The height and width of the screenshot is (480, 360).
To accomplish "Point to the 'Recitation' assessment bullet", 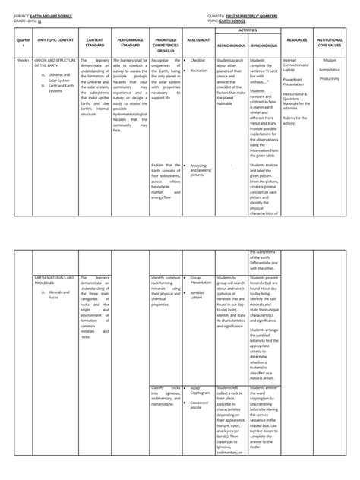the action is (x=200, y=70).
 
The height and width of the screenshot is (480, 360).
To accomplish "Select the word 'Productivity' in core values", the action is (x=330, y=79).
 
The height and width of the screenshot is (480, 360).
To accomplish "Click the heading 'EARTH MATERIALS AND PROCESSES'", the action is (x=53, y=280).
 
